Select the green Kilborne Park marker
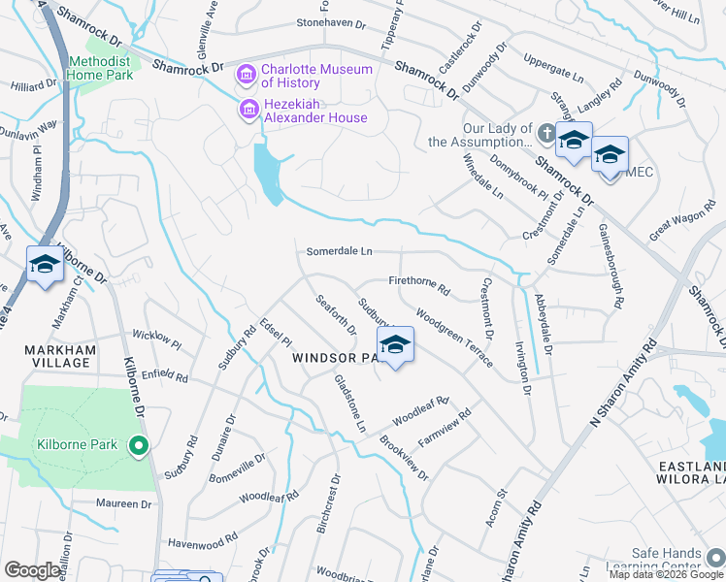138,445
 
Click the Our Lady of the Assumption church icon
546,135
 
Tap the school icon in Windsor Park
395,345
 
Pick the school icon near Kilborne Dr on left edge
45,265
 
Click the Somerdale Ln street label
340,251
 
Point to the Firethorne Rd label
419,284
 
